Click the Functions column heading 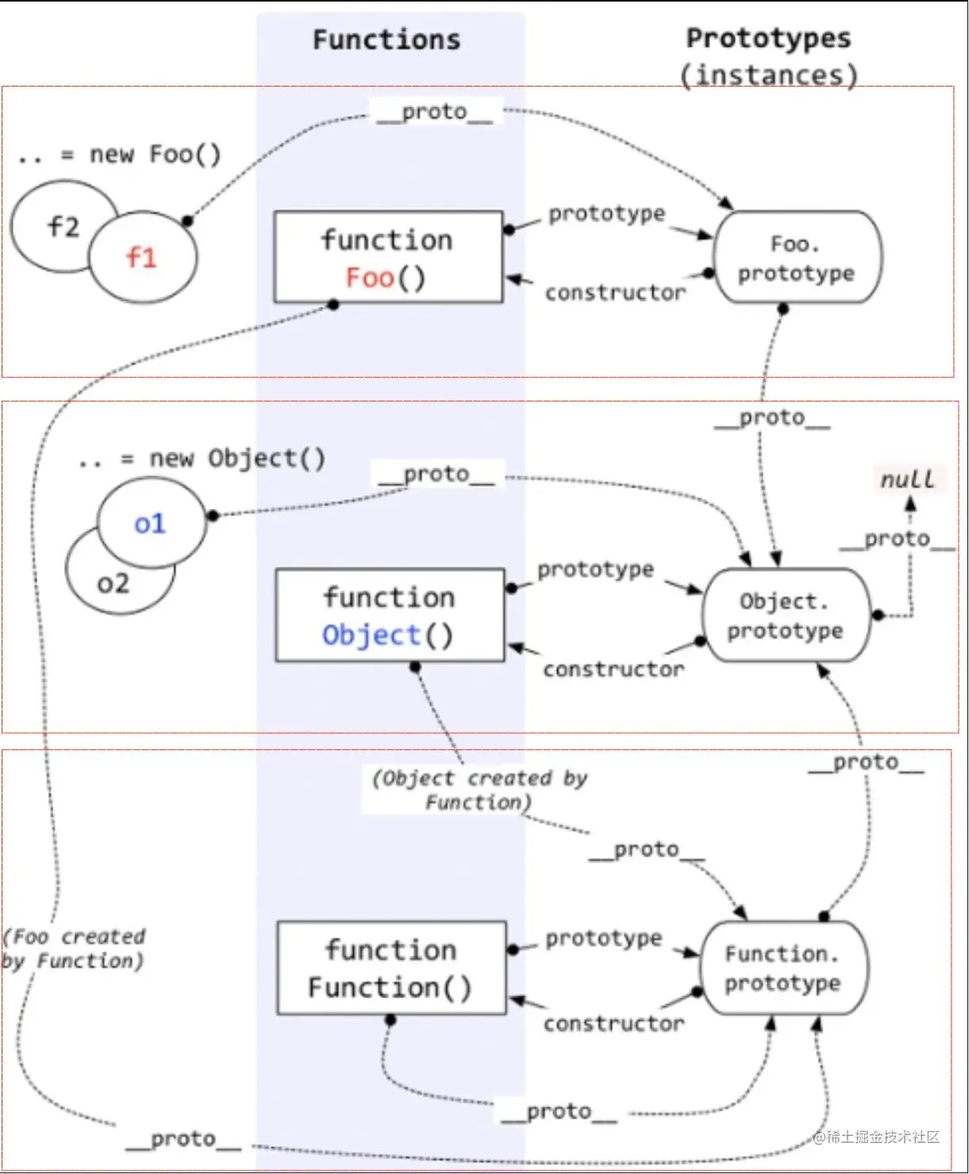coord(386,40)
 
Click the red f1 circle coord(142,257)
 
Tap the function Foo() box coord(388,257)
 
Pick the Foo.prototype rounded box coord(797,257)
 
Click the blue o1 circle coord(150,523)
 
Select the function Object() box coord(390,615)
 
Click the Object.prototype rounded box coord(786,615)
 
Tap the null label coord(908,479)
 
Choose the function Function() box coord(390,968)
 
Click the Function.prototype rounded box coord(783,968)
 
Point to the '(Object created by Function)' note coord(479,790)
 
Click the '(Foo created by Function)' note coord(74,949)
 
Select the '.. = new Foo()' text coord(119,154)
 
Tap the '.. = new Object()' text coord(202,459)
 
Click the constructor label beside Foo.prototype coord(615,293)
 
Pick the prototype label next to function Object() coord(595,569)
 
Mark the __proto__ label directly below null coord(898,539)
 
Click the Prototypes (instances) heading coord(768,56)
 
